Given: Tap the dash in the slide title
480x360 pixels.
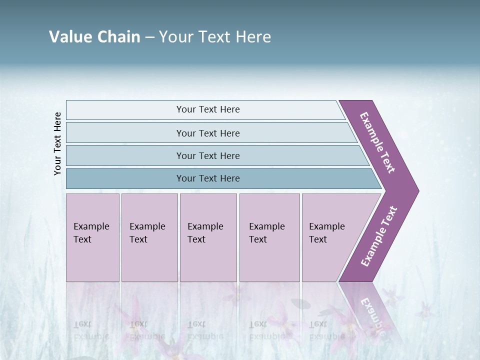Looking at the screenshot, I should [149, 37].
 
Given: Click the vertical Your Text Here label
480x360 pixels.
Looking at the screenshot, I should [57, 144].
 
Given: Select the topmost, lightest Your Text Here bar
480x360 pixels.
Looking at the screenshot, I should [207, 109].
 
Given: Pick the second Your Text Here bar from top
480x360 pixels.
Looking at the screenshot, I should [207, 133].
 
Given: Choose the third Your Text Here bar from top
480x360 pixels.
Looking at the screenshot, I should [207, 156].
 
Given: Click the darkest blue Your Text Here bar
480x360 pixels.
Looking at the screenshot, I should [207, 178].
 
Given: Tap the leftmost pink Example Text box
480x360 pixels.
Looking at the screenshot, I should [92, 237].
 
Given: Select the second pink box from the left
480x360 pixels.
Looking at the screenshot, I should [149, 237].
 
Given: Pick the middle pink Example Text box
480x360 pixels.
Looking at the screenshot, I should [208, 237].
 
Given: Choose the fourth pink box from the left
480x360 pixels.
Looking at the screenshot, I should [269, 237].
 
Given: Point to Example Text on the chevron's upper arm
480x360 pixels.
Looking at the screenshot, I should [377, 142].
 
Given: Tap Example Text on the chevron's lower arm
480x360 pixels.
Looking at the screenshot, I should [379, 236].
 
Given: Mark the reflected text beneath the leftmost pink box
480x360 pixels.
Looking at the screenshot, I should [91, 330].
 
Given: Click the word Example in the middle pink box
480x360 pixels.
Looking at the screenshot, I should [205, 226].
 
